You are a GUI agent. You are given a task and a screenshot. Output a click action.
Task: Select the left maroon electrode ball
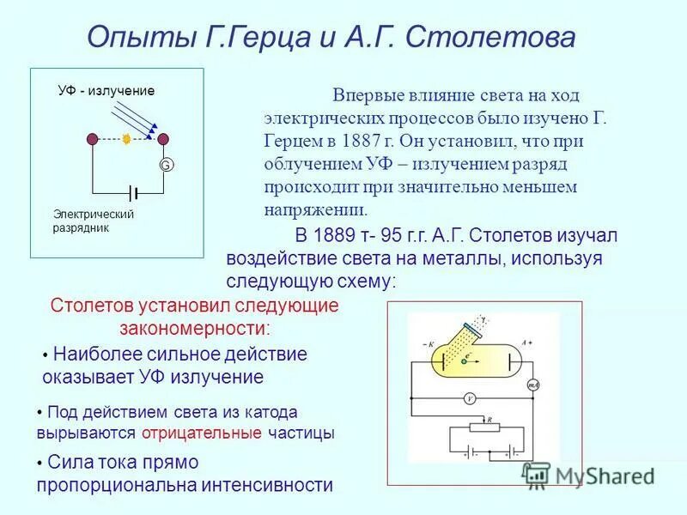point(93,138)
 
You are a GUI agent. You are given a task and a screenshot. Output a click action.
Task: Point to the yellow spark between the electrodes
point(127,138)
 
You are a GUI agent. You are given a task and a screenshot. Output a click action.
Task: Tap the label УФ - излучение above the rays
point(106,91)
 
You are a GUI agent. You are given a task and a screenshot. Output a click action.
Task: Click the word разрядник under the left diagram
point(81,228)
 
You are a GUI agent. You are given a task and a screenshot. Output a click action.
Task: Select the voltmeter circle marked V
point(470,398)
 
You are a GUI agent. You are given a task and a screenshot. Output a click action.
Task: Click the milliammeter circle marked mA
point(532,385)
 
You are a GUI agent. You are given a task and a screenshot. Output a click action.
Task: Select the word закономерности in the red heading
point(193,329)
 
